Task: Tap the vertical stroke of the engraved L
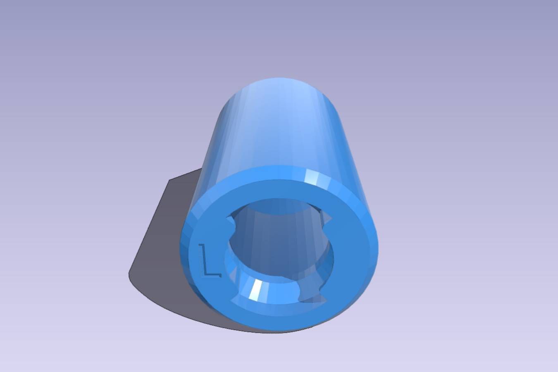[203, 260]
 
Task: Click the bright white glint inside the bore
[255, 290]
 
